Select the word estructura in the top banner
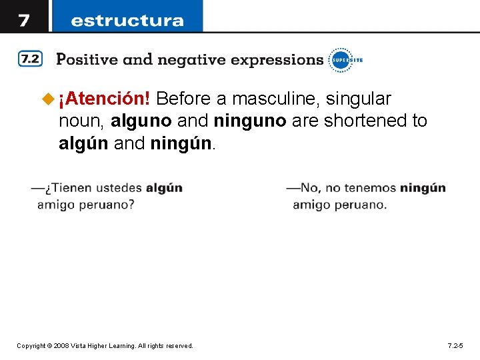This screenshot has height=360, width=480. [127, 20]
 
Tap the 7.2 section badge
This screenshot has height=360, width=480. [29, 59]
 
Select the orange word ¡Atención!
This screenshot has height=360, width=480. [104, 99]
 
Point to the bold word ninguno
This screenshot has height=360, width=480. [250, 121]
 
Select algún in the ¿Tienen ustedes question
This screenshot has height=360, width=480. [164, 189]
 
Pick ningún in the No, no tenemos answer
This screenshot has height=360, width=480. [423, 189]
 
